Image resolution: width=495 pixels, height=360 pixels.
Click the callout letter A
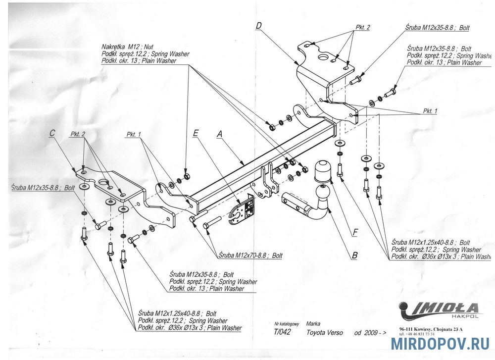click(219, 134)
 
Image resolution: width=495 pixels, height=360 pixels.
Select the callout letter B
click(354, 256)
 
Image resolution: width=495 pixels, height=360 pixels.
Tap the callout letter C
click(52, 133)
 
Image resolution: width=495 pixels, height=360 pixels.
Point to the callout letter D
click(259, 25)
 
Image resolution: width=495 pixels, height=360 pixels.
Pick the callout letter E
click(196, 133)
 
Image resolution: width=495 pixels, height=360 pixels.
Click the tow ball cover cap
click(322, 170)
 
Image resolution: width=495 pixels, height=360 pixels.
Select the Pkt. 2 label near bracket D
click(363, 27)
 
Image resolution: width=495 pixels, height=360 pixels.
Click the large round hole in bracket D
click(322, 58)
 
